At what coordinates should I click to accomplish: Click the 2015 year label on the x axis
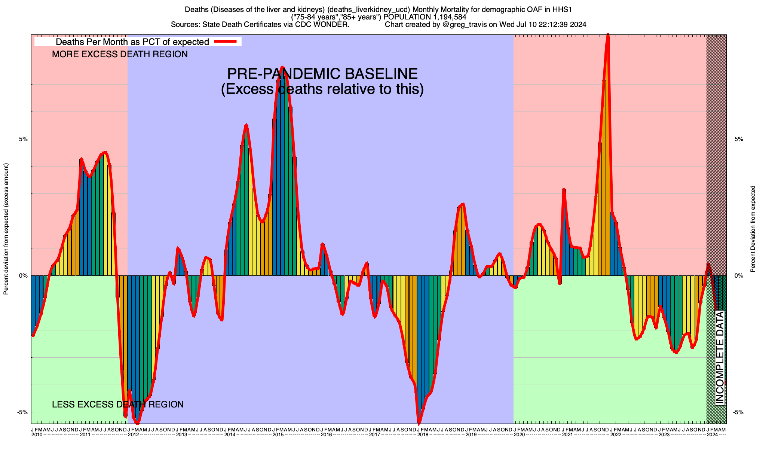tap(278, 435)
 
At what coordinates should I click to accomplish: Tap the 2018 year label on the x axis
tap(423, 435)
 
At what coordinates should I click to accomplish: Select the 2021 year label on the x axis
tap(567, 435)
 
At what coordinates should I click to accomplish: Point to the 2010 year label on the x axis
tap(37, 435)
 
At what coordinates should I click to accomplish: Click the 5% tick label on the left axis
tap(23, 139)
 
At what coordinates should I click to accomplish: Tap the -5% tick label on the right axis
tap(738, 412)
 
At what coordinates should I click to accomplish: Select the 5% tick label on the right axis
tap(738, 139)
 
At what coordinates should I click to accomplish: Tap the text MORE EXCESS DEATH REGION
tap(120, 54)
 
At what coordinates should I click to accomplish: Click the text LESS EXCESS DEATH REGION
tap(118, 404)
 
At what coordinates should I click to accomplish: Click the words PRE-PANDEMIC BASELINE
tap(322, 74)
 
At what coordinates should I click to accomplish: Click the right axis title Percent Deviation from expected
tap(753, 229)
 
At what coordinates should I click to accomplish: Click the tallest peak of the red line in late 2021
tap(608, 36)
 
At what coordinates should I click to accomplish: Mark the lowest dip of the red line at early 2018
tap(419, 423)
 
